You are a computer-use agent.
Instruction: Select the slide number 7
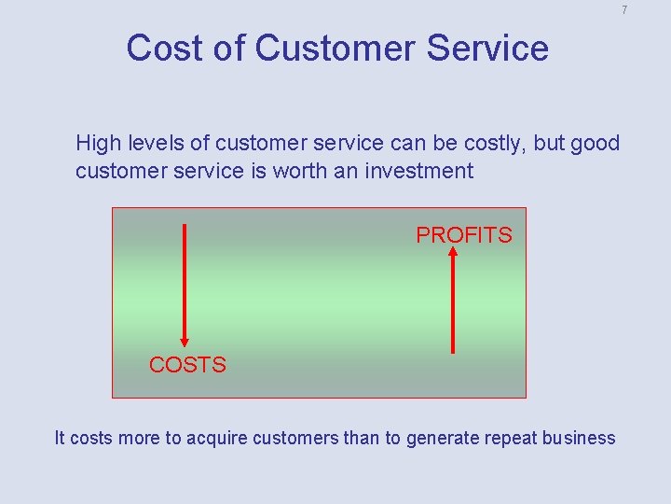(624, 10)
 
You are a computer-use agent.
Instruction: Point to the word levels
(153, 143)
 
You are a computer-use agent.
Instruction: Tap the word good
(595, 143)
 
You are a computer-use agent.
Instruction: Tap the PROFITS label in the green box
(464, 235)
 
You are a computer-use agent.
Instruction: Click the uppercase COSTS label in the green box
(187, 365)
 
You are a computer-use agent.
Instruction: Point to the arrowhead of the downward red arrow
(185, 341)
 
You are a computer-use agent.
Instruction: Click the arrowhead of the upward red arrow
(453, 251)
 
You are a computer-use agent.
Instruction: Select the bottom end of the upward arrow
(453, 351)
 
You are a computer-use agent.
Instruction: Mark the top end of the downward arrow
(185, 226)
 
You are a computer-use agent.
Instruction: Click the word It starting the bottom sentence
(60, 438)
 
